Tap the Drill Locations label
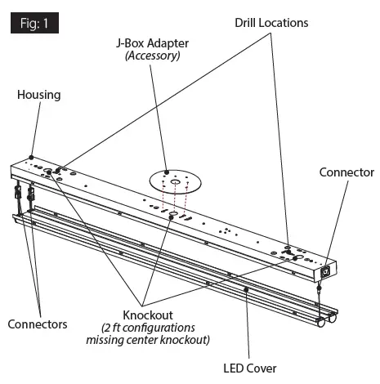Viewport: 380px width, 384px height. point(271,23)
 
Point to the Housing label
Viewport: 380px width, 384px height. point(38,95)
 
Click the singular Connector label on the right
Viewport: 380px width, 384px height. point(346,172)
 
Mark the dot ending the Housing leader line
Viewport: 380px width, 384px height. point(30,156)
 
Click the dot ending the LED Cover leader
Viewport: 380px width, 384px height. point(247,288)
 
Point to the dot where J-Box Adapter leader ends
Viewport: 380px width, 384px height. point(166,172)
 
